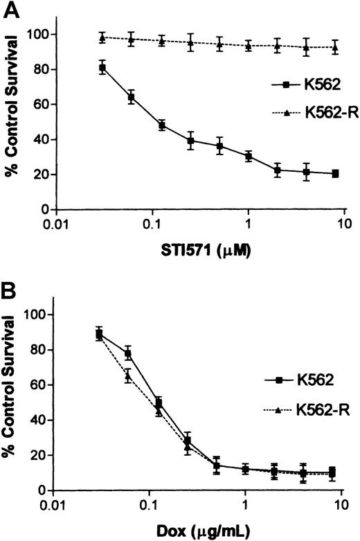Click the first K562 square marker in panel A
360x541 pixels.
102,68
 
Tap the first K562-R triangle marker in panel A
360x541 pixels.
102,37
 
